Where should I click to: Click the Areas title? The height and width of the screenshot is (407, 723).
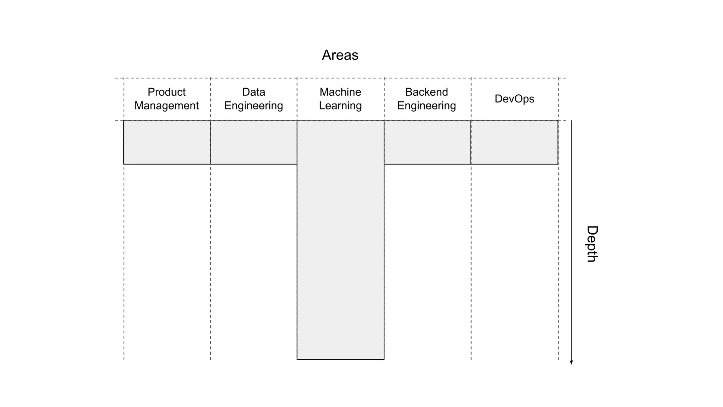click(340, 55)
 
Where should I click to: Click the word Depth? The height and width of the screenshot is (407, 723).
click(592, 244)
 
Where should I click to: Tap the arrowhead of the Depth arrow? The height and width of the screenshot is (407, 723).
click(571, 362)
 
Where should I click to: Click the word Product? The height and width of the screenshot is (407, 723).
click(166, 92)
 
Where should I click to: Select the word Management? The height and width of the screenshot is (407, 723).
click(166, 106)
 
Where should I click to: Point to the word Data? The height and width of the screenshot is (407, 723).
click(253, 92)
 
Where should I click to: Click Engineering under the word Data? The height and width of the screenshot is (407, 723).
click(253, 106)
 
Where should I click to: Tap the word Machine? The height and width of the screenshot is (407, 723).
click(340, 92)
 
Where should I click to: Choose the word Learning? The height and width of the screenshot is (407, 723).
click(340, 106)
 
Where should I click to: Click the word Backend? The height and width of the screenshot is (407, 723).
click(426, 92)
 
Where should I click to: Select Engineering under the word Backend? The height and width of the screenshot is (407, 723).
click(426, 106)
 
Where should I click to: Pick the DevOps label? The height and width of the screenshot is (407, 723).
click(514, 99)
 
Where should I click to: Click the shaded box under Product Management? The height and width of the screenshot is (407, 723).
click(167, 142)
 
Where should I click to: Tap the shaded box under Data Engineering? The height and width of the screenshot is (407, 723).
click(254, 142)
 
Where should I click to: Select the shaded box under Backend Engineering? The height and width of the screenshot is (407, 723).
click(428, 142)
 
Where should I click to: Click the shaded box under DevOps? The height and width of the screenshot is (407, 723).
click(514, 142)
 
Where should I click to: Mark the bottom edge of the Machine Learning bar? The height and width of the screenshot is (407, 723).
click(340, 359)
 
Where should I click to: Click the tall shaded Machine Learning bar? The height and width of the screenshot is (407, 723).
click(340, 240)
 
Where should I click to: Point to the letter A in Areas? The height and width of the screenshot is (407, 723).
click(327, 55)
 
